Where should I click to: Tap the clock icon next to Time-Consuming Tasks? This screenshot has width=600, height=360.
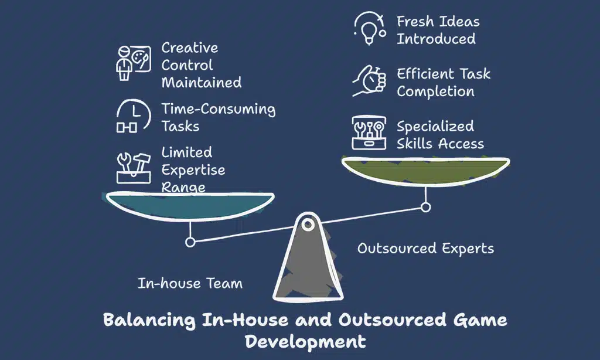(x=129, y=116)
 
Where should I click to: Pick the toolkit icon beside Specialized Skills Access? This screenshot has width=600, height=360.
(x=369, y=133)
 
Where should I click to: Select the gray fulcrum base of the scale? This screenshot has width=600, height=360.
(x=307, y=264)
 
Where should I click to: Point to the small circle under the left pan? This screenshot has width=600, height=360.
(x=189, y=241)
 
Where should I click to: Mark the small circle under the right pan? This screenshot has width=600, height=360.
(x=426, y=206)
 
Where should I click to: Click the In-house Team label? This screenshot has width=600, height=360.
(x=190, y=284)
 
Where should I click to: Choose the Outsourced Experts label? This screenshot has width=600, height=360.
(x=425, y=249)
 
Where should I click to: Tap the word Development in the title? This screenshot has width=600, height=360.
(x=305, y=341)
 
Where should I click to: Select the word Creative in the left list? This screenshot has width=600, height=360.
(x=190, y=47)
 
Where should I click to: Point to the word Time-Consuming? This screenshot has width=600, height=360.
(x=219, y=109)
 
